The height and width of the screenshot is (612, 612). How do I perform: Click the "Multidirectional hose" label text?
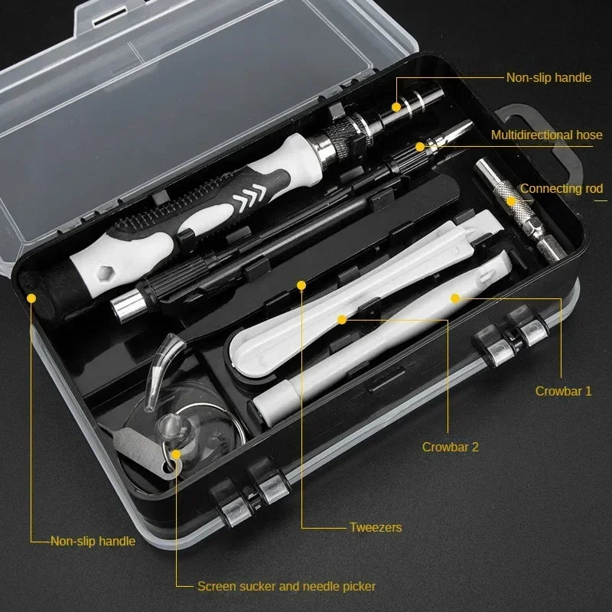(546, 135)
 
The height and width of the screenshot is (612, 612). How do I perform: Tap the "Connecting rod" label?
(562, 189)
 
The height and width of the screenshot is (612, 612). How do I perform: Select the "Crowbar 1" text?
(563, 391)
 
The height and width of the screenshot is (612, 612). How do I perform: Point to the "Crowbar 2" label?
(450, 447)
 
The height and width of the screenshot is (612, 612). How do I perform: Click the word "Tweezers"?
(375, 527)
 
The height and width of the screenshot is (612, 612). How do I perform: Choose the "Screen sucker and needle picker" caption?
(286, 586)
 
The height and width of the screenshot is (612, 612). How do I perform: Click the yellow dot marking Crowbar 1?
(454, 297)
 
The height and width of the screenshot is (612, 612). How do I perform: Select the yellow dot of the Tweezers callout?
(301, 285)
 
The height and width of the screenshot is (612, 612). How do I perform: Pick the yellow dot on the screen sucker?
(176, 454)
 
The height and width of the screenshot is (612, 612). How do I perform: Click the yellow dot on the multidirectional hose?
(419, 145)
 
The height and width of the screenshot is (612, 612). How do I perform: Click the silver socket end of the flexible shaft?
(125, 306)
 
